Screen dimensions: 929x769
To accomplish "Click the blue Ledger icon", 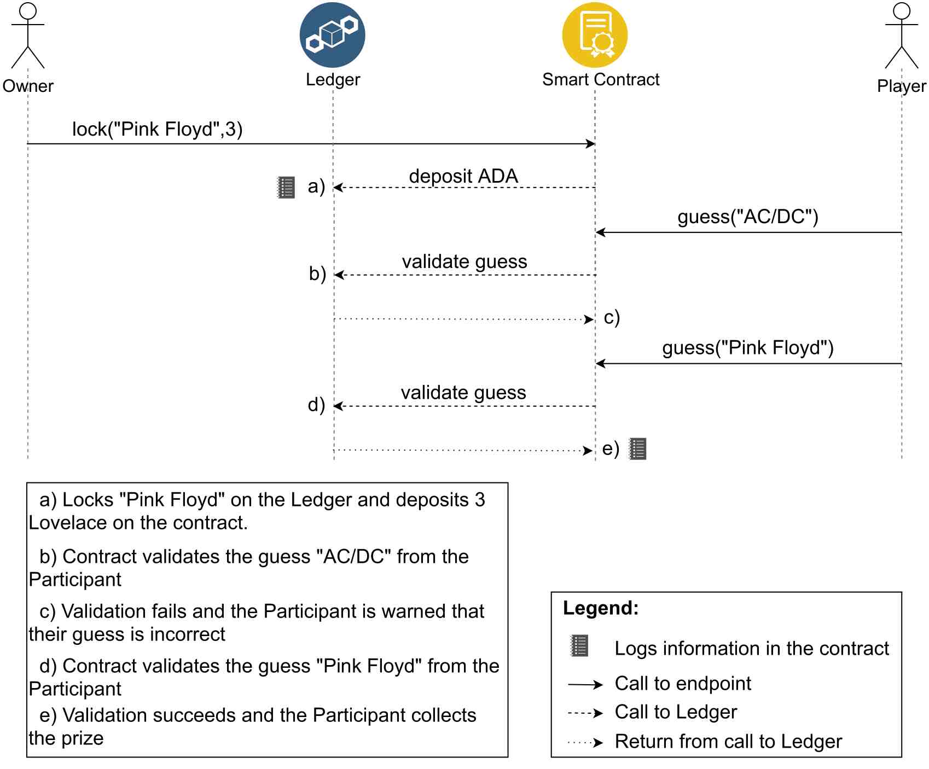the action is click(x=332, y=35).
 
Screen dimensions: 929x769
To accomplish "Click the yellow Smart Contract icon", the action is click(x=595, y=35).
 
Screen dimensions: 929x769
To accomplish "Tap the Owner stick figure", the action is click(x=28, y=36).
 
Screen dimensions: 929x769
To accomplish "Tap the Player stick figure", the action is click(x=902, y=36).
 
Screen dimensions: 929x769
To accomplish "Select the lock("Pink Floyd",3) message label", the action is click(x=158, y=129).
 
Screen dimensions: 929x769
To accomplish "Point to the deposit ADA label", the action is click(x=463, y=176).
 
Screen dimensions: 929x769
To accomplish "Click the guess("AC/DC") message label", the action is click(x=748, y=217).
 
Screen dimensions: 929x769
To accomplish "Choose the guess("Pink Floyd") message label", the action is click(x=748, y=348).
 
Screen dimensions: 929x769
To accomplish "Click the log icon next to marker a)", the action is click(x=286, y=187).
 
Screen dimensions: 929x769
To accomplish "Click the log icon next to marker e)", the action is click(x=637, y=448).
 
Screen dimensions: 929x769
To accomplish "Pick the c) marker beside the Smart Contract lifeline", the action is click(x=612, y=318).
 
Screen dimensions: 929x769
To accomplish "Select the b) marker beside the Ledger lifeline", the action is click(x=317, y=273).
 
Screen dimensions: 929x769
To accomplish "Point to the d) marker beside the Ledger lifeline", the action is click(x=316, y=405).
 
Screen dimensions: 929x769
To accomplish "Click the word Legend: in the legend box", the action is click(x=601, y=608).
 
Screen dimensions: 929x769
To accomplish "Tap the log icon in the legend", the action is click(x=579, y=645).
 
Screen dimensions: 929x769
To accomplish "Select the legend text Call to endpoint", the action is click(x=683, y=684).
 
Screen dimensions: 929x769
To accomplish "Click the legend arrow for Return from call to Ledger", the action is click(x=585, y=743).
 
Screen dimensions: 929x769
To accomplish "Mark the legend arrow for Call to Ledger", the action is click(x=585, y=713).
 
